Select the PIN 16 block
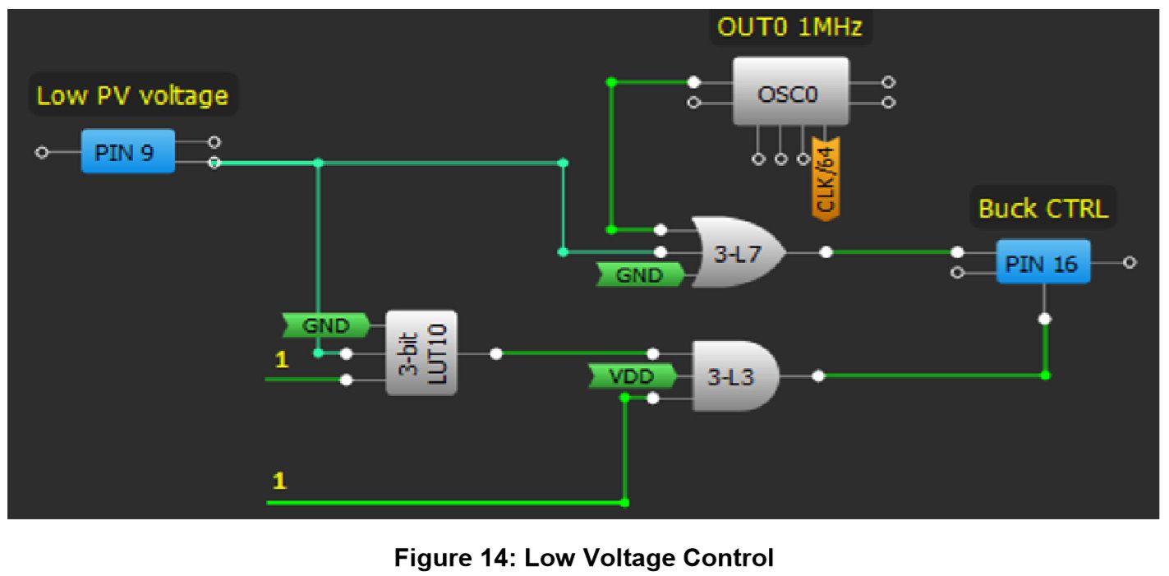1042,262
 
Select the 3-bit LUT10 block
421,353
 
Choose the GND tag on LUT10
325,325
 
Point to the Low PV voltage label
132,96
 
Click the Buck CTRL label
1042,209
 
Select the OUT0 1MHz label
789,28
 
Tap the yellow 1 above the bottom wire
279,482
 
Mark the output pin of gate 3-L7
826,252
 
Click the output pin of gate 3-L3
817,376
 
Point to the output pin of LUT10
496,353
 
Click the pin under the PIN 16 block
1043,319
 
